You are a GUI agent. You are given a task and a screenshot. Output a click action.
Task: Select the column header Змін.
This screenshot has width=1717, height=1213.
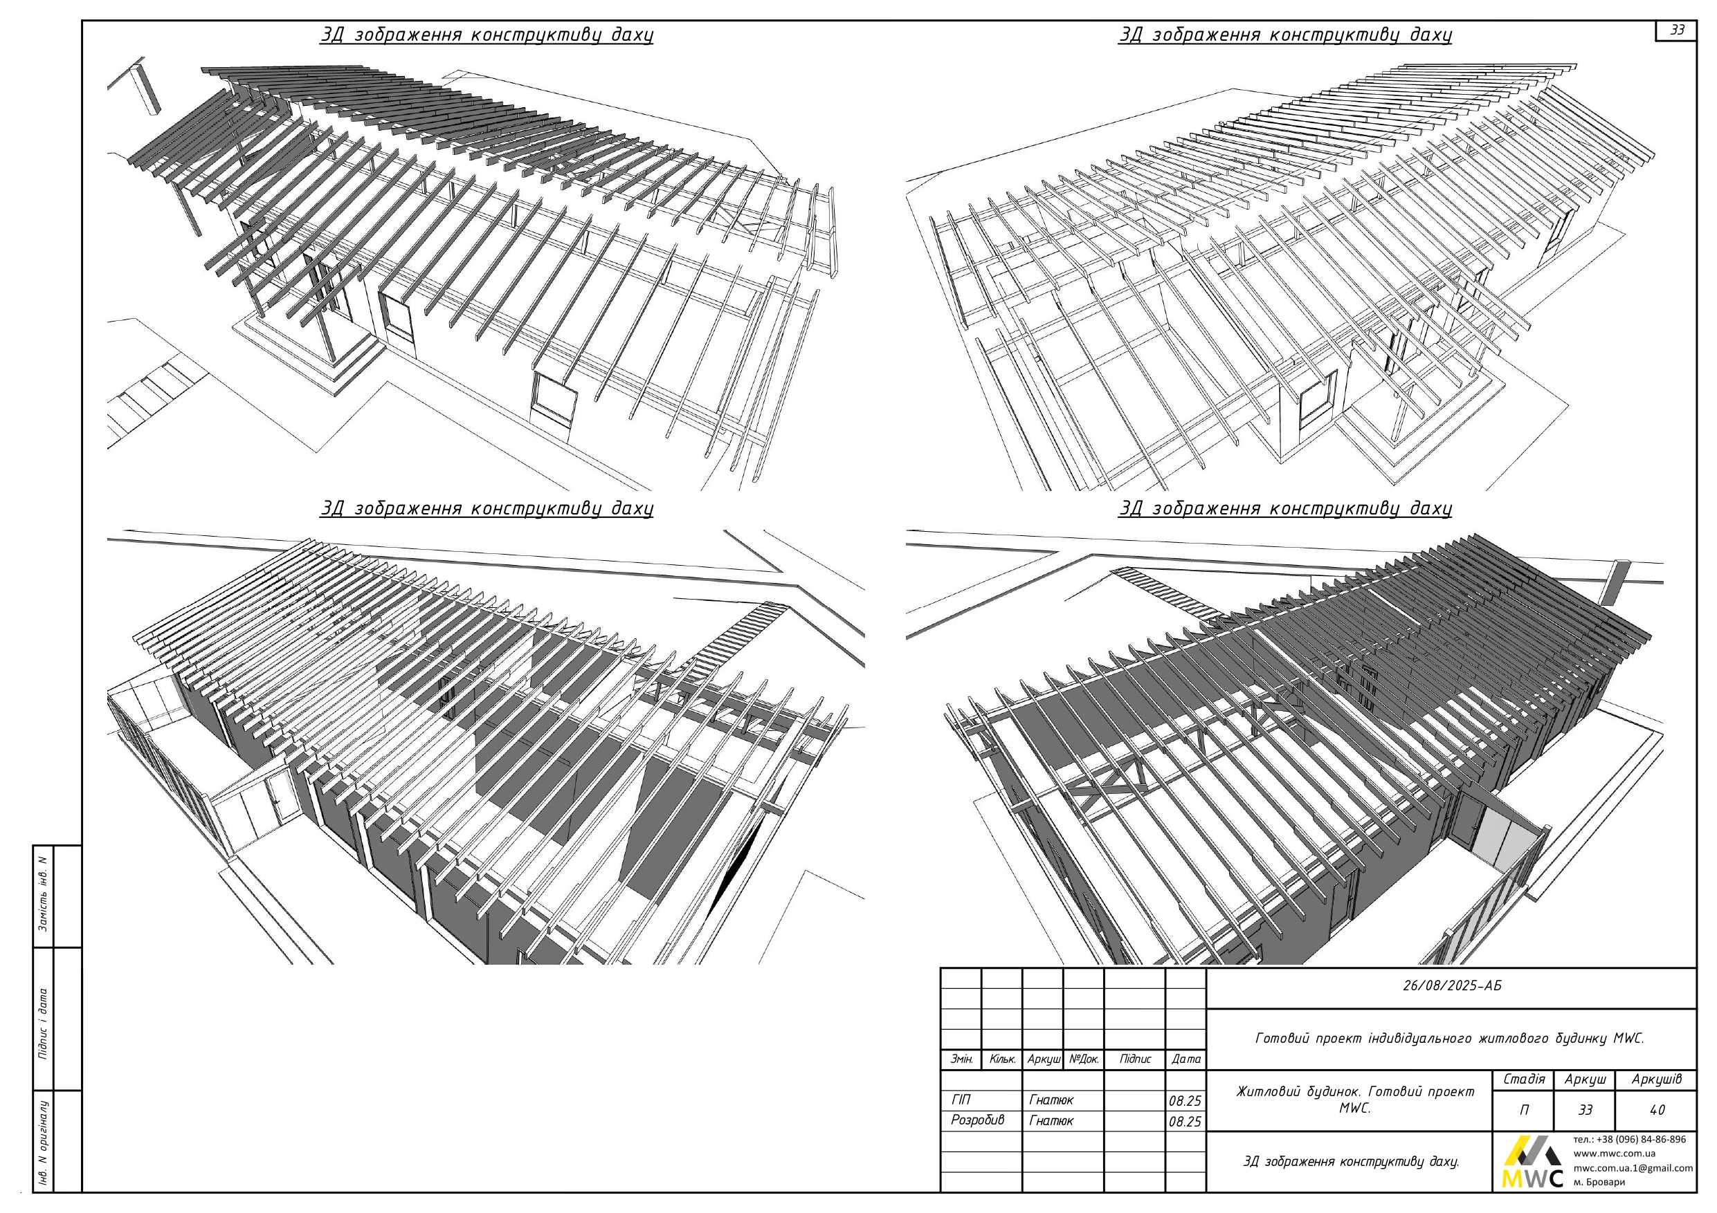coord(961,1059)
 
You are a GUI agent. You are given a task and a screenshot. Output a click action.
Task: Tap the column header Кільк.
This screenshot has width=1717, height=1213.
coord(1002,1059)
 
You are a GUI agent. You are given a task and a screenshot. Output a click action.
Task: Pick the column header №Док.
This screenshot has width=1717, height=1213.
coord(1084,1059)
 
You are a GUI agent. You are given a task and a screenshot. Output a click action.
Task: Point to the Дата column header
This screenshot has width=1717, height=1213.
coord(1186,1059)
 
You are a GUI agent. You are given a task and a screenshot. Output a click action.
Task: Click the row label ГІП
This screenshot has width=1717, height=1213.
coord(961,1100)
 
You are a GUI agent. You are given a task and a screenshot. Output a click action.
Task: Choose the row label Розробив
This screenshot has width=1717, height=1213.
coord(977,1120)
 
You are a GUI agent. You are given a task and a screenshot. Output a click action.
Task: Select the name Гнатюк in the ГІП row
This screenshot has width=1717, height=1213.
coord(1051,1100)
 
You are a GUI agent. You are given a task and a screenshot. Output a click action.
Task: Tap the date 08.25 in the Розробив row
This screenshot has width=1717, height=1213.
coord(1185,1122)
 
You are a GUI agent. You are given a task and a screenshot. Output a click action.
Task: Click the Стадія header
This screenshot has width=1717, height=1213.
coord(1524,1080)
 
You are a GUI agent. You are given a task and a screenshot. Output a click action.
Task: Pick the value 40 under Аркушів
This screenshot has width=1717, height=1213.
coord(1657,1110)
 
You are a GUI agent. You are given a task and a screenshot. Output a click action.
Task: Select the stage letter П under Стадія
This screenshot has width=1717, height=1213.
coord(1524,1110)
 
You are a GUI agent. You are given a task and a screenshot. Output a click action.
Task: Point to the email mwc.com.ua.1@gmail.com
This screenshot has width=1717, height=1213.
coord(1633,1167)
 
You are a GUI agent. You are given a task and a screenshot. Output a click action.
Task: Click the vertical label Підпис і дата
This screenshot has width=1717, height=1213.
coord(44,1024)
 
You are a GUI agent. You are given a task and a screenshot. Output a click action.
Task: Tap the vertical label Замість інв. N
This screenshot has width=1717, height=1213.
coord(44,894)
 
